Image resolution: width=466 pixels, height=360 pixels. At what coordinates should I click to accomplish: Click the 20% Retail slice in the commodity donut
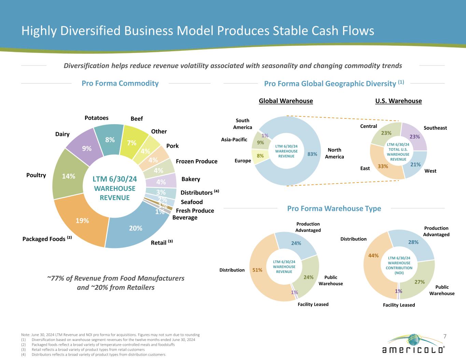click(136, 228)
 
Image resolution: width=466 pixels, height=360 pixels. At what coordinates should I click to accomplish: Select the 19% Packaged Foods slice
click(82, 220)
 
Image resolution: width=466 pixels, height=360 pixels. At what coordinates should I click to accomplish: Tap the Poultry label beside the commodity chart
click(36, 175)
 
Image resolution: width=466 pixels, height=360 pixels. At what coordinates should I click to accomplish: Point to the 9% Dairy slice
click(86, 148)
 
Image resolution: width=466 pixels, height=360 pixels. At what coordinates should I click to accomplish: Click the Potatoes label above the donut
click(97, 118)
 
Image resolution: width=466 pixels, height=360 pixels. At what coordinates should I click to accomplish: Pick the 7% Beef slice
click(132, 143)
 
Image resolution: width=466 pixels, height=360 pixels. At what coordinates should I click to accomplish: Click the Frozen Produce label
click(196, 161)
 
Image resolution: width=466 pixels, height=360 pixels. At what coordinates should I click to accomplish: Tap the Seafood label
click(192, 202)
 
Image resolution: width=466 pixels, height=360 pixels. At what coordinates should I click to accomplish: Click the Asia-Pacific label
click(234, 140)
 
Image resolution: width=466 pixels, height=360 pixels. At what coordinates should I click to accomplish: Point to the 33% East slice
click(383, 167)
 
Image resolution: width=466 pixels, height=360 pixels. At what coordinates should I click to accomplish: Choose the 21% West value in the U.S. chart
click(415, 164)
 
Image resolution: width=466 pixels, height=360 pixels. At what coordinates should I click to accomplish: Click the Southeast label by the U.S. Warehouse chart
click(435, 128)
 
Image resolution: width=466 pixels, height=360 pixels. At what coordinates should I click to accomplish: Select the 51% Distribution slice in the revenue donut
click(257, 270)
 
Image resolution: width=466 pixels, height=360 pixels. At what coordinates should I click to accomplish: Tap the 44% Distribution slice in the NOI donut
click(373, 255)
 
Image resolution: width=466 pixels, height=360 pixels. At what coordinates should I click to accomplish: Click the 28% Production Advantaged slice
click(413, 242)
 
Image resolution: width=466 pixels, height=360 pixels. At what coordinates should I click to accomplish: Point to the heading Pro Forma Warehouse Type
click(334, 208)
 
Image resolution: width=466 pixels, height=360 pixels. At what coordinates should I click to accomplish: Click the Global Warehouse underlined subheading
click(286, 101)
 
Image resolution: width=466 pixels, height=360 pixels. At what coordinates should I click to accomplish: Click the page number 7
click(444, 336)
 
